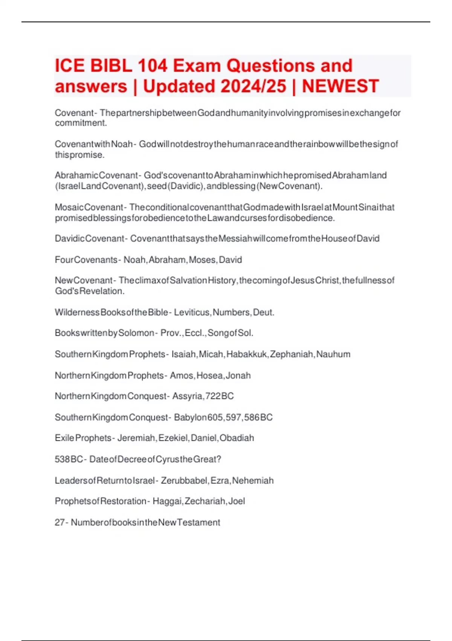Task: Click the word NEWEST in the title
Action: (340, 86)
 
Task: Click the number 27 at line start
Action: (60, 522)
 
